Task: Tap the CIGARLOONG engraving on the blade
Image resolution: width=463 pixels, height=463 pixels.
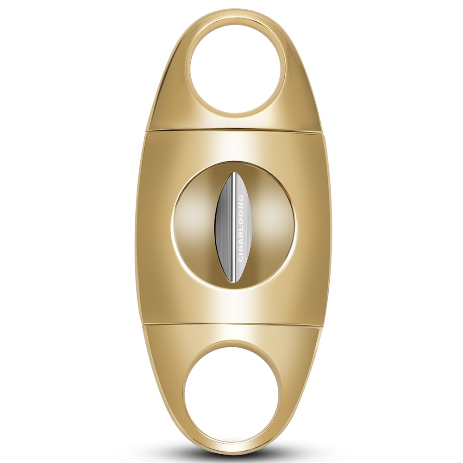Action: [240, 228]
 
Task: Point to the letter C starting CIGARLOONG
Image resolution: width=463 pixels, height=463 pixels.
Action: [240, 258]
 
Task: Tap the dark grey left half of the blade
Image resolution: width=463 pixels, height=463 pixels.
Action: [224, 227]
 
